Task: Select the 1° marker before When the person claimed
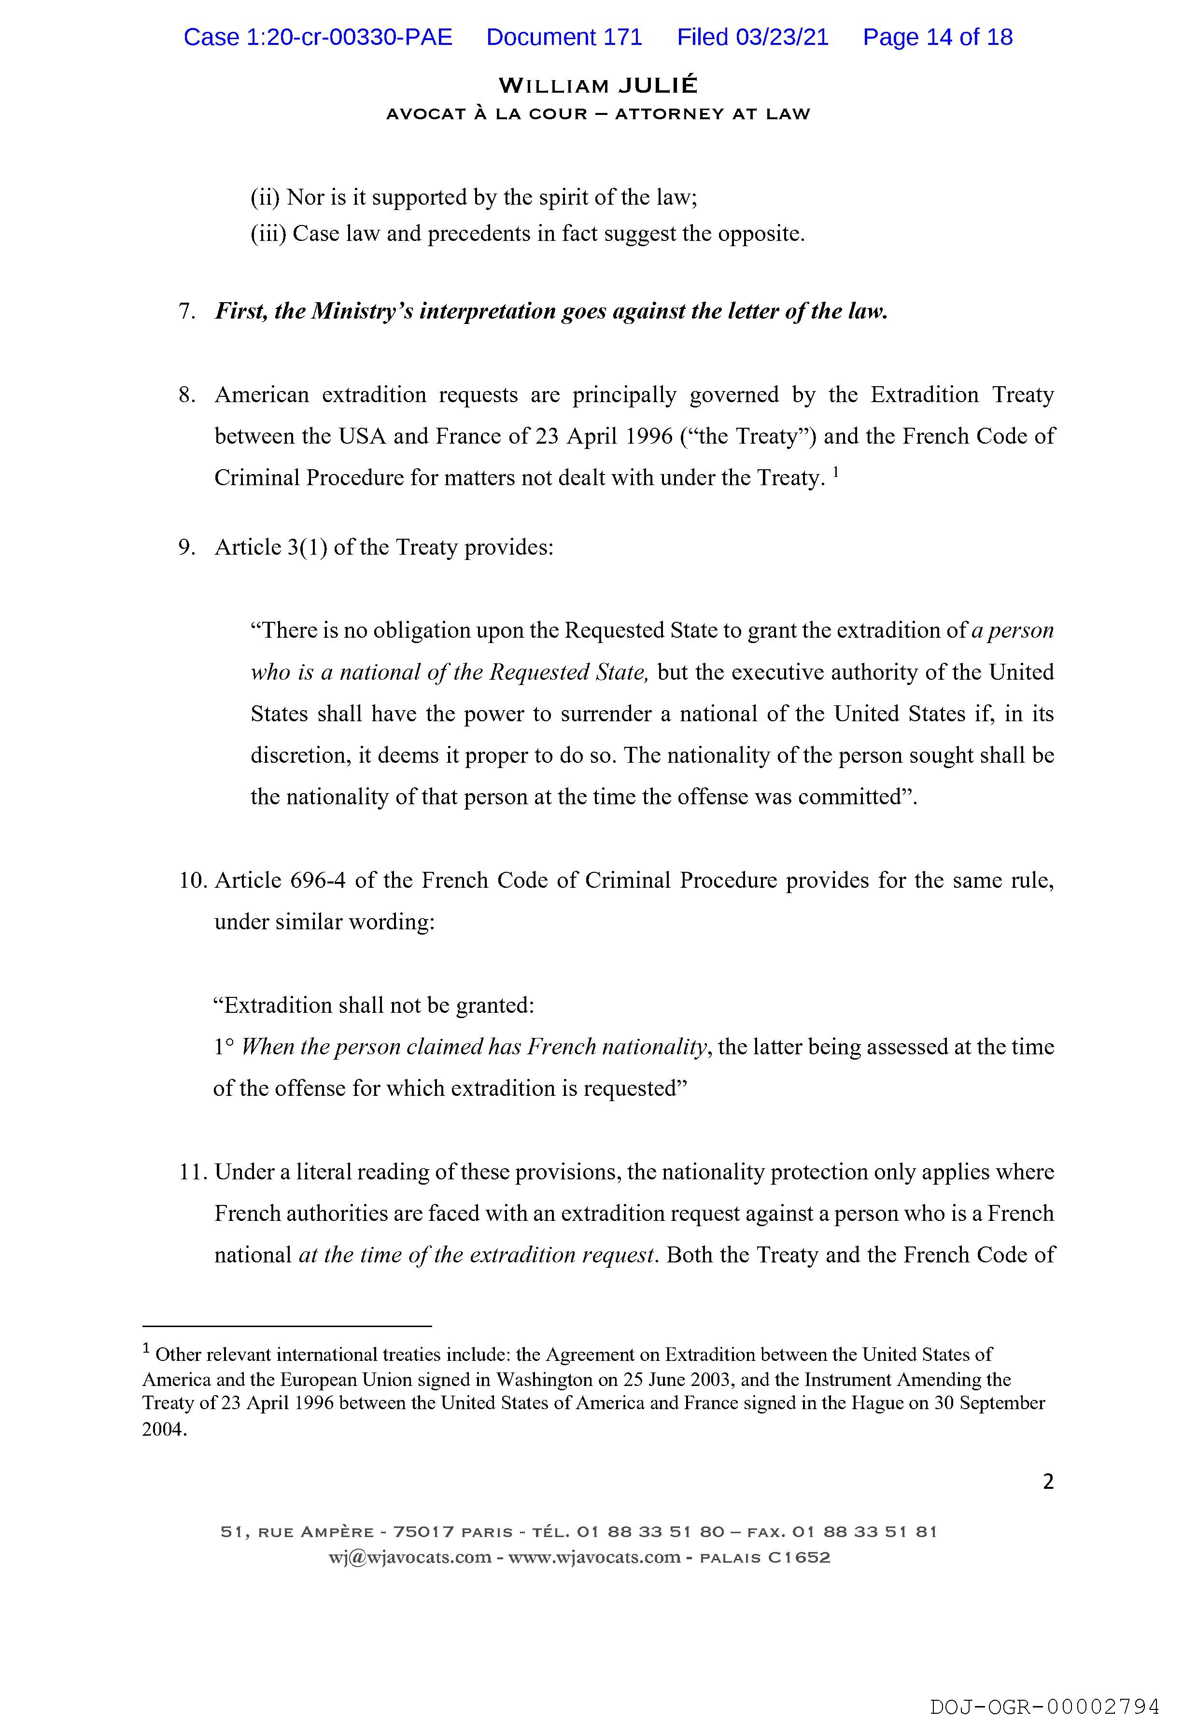click(224, 1047)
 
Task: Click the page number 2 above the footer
click(1048, 1481)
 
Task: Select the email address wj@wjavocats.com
click(409, 1558)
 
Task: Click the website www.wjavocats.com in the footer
click(594, 1558)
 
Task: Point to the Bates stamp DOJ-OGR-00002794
click(1044, 1702)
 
